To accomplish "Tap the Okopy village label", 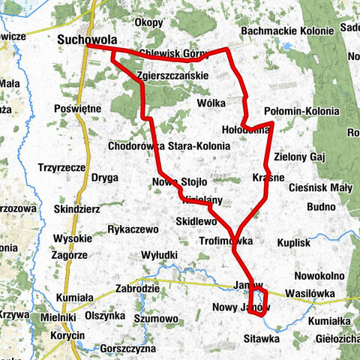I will (151, 22).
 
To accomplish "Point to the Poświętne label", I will (78, 108).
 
